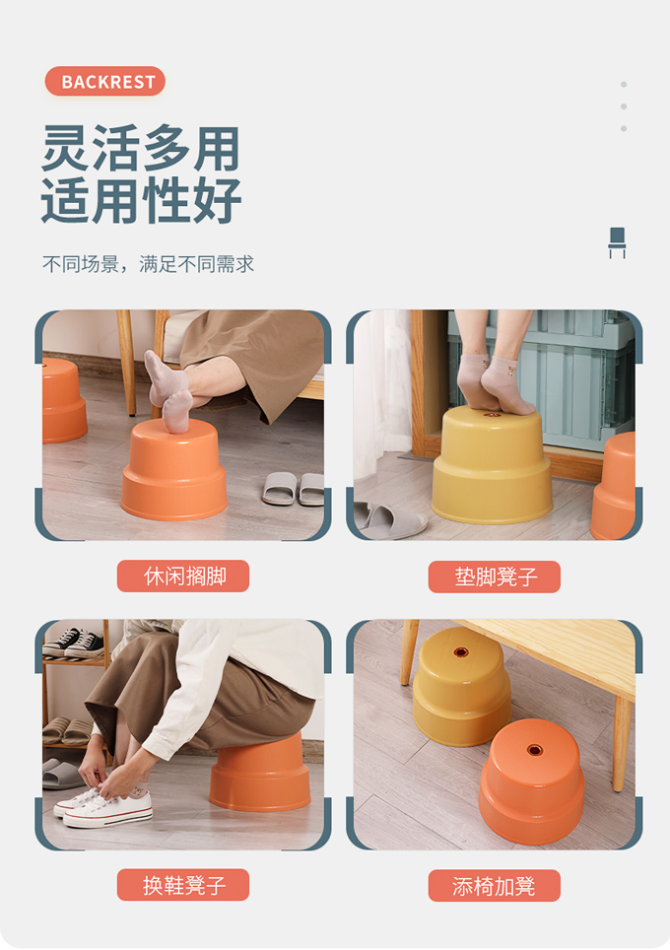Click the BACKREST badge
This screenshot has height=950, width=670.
coord(104,81)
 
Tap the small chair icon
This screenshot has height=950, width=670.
coord(617,242)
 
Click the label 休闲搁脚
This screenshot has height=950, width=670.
coord(183,576)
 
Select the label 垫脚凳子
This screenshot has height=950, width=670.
coord(495,577)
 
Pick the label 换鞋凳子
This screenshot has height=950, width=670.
coord(183,885)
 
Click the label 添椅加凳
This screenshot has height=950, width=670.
coord(495,886)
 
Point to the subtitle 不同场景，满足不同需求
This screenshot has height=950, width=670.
coord(149,264)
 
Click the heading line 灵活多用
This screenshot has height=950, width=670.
coord(141,148)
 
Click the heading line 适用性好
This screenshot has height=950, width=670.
coord(141,200)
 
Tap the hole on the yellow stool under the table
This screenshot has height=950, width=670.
coord(461,652)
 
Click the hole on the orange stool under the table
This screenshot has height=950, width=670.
coord(534,750)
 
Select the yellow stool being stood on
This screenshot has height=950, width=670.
coord(492,465)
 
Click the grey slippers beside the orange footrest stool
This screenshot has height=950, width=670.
coord(294,489)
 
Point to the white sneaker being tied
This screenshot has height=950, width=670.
coord(106,808)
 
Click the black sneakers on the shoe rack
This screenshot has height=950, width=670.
coord(73,644)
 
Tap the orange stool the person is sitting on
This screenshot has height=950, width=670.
coord(260,773)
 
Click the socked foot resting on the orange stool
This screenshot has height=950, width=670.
coord(168,392)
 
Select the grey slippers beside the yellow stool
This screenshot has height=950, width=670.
coord(391,521)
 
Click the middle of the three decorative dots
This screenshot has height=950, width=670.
coord(624,106)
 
